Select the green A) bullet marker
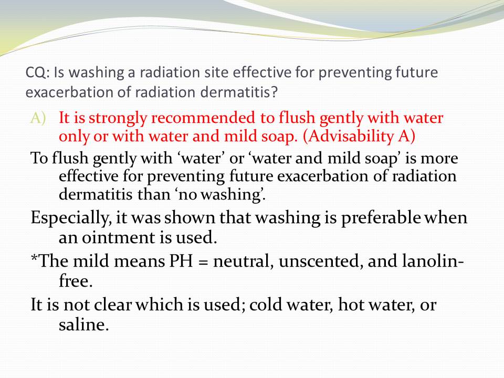coord(38,118)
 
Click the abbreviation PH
coord(181,261)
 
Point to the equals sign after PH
coord(203,262)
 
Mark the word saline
coord(83,324)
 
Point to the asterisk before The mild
coord(34,257)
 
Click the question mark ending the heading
coord(274,92)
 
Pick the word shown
coord(190,218)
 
